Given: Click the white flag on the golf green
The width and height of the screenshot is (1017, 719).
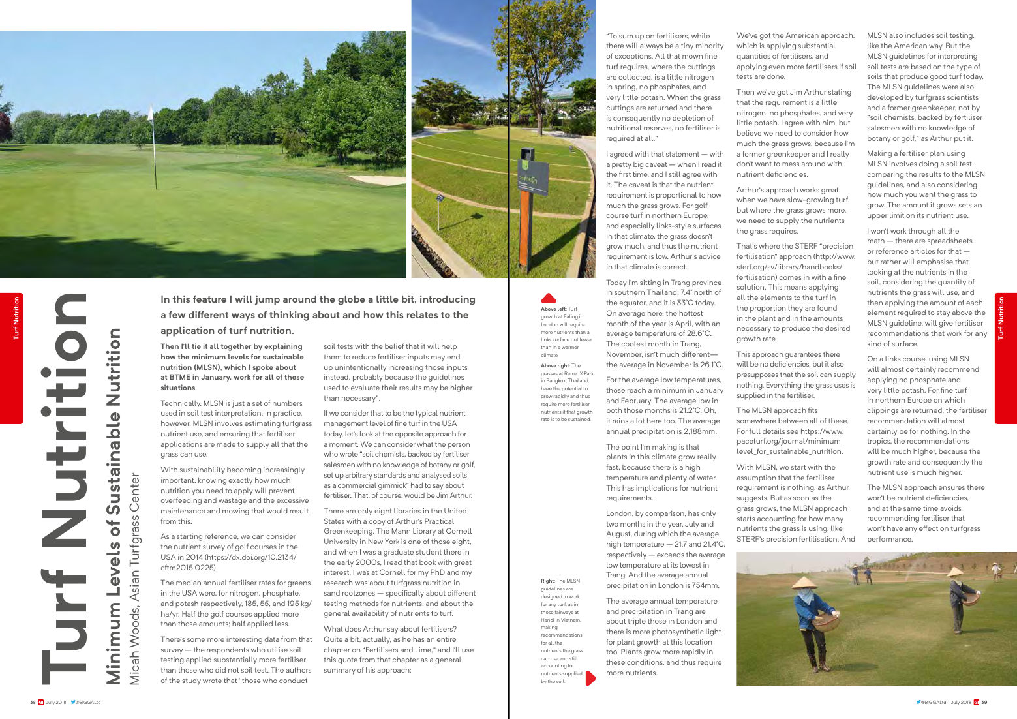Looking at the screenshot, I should pyautogui.click(x=151, y=114).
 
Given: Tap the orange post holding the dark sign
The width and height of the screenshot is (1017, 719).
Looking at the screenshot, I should pyautogui.click(x=524, y=228).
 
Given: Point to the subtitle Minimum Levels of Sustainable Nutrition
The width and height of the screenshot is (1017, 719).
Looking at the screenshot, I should pyautogui.click(x=114, y=506).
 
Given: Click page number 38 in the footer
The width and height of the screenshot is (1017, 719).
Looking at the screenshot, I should pyautogui.click(x=33, y=703).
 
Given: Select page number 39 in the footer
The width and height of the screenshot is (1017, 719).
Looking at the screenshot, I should pyautogui.click(x=984, y=703).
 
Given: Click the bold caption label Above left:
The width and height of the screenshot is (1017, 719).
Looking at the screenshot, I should pyautogui.click(x=554, y=309).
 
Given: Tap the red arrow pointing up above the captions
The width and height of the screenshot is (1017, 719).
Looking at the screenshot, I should pyautogui.click(x=549, y=298).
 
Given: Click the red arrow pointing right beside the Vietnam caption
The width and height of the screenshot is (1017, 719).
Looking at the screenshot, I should pyautogui.click(x=590, y=678).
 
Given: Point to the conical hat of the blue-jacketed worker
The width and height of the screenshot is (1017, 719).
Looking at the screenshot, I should pyautogui.click(x=804, y=582).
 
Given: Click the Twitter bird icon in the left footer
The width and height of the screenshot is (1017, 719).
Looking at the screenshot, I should pyautogui.click(x=73, y=703).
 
